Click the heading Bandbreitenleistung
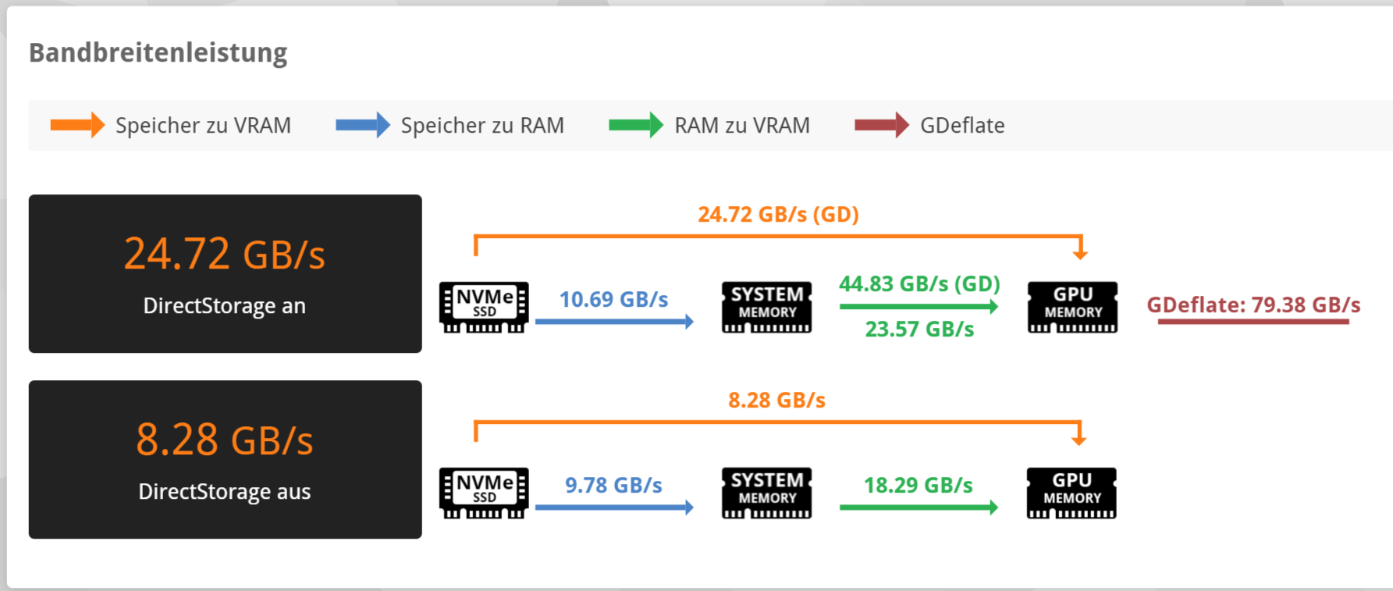[158, 52]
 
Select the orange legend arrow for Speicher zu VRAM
[76, 125]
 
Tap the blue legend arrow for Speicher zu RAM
[362, 125]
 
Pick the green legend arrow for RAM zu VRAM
[635, 125]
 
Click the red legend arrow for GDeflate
[881, 125]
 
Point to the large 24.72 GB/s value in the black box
[225, 254]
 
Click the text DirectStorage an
[225, 305]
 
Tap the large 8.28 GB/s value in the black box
[225, 440]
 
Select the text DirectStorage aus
[225, 491]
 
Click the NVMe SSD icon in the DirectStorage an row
[484, 307]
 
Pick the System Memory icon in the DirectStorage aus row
[766, 493]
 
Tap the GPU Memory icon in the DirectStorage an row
[1072, 307]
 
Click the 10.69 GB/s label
[613, 299]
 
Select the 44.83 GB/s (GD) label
[919, 283]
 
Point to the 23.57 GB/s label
[919, 329]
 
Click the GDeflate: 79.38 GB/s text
[1253, 304]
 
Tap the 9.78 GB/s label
[613, 485]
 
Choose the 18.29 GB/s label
[918, 485]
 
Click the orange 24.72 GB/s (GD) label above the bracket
[778, 214]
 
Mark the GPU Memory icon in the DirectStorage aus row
[1071, 493]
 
